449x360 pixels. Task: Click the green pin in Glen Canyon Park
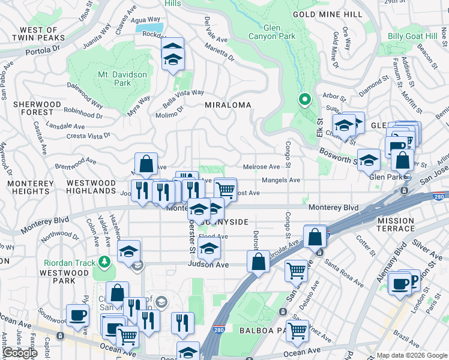pos(305,100)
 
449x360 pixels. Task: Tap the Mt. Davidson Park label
pos(106,79)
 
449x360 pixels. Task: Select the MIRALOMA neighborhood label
pos(228,104)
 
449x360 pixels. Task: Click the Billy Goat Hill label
pos(412,37)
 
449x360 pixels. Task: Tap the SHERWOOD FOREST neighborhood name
pos(37,108)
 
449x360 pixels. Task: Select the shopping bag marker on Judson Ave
pos(258,262)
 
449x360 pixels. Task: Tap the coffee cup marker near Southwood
pos(77,315)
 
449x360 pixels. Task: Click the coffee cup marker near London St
pos(400,284)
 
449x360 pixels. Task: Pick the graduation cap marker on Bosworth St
pos(369,160)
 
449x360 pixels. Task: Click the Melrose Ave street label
pos(261,167)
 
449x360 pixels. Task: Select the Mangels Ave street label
pos(280,180)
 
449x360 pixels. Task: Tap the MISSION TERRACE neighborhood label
pos(396,224)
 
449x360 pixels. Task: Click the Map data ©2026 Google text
pos(411,355)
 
